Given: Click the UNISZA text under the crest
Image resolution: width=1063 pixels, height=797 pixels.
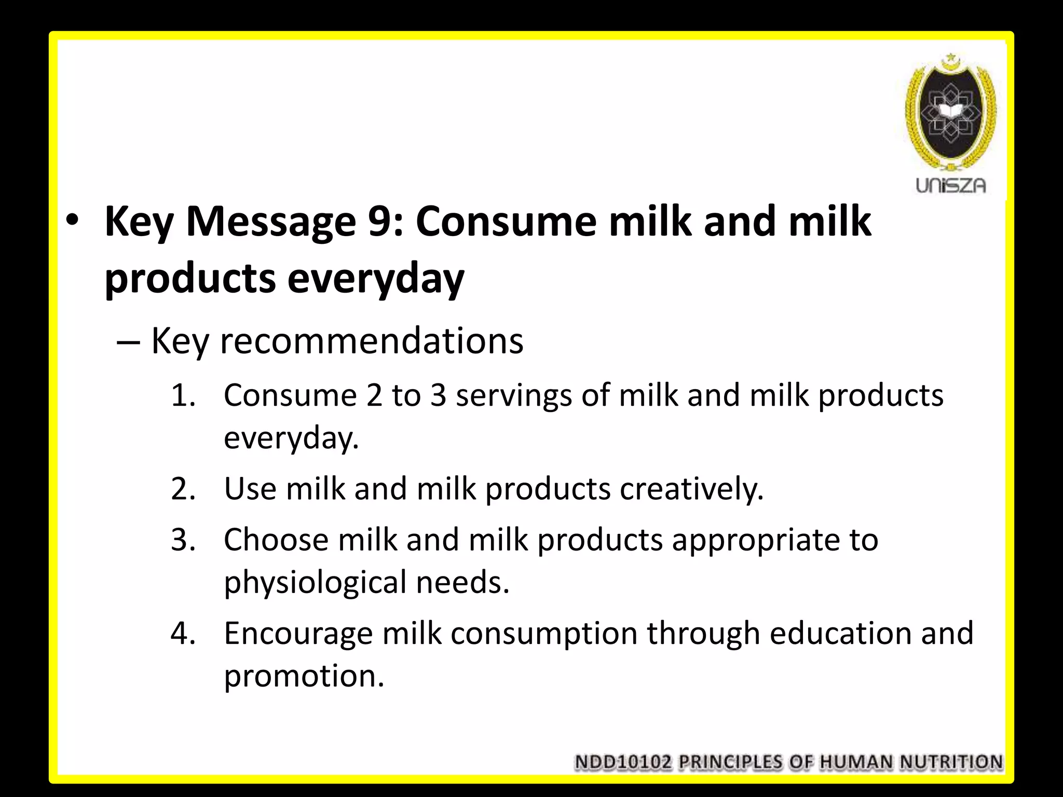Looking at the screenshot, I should [x=950, y=185].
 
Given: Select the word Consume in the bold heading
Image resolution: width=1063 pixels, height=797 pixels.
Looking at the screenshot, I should [x=506, y=222].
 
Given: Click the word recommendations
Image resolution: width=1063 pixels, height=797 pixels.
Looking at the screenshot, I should [x=372, y=342].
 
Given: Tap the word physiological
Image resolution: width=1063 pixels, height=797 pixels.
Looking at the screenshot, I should [x=315, y=582].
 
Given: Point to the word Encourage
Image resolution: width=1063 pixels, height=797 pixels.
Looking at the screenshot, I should [x=298, y=634].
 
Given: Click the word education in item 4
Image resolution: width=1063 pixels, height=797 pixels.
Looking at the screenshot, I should [x=840, y=634].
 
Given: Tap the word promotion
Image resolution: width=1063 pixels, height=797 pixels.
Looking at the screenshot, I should [x=304, y=676].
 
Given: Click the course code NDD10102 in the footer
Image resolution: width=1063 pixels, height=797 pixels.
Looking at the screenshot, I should [x=623, y=762].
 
